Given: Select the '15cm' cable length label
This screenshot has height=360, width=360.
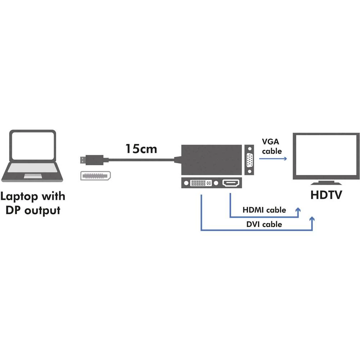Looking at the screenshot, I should point(141,148).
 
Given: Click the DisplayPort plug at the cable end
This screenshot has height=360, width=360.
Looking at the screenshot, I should point(92,159).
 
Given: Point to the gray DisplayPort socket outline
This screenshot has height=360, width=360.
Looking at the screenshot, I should point(94,176).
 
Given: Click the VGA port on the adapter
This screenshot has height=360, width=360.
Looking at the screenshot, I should point(249,160).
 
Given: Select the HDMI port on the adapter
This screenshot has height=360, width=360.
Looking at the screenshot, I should point(230,183).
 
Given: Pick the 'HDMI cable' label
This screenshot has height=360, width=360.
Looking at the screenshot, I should point(264,210).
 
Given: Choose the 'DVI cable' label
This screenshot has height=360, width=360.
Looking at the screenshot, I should point(264,224).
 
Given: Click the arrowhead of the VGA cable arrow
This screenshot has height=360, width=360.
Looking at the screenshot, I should point(285,159).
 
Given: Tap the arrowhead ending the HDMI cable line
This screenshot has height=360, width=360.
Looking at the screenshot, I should point(298,210).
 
